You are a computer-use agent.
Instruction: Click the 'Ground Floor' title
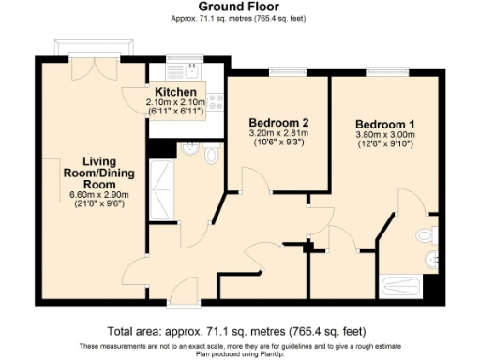coord(240,7)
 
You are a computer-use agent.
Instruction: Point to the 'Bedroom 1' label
coord(386,124)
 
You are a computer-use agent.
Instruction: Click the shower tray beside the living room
coord(161,187)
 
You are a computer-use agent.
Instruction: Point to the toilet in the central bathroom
coord(210,155)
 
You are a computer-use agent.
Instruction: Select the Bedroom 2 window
coord(279,72)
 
